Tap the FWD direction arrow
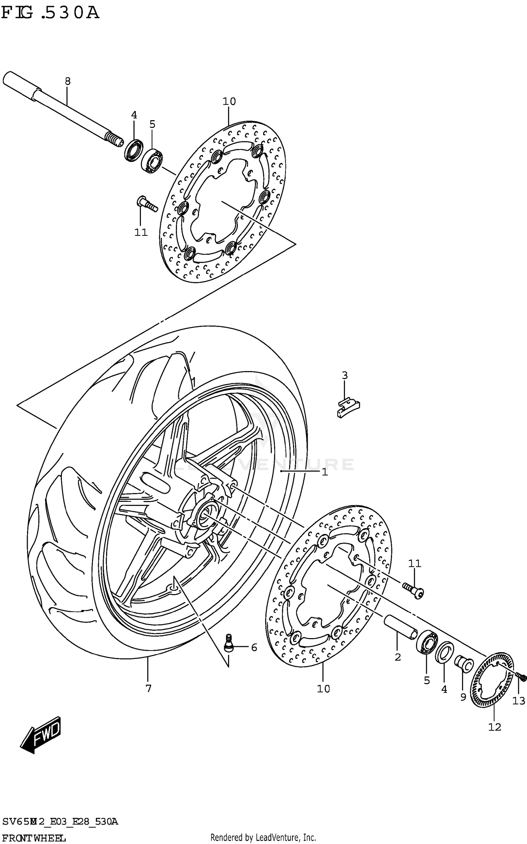tap(41, 734)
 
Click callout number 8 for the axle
tap(68, 82)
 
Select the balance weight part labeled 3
tap(348, 407)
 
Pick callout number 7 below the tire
tap(148, 689)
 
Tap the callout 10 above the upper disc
tap(229, 102)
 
